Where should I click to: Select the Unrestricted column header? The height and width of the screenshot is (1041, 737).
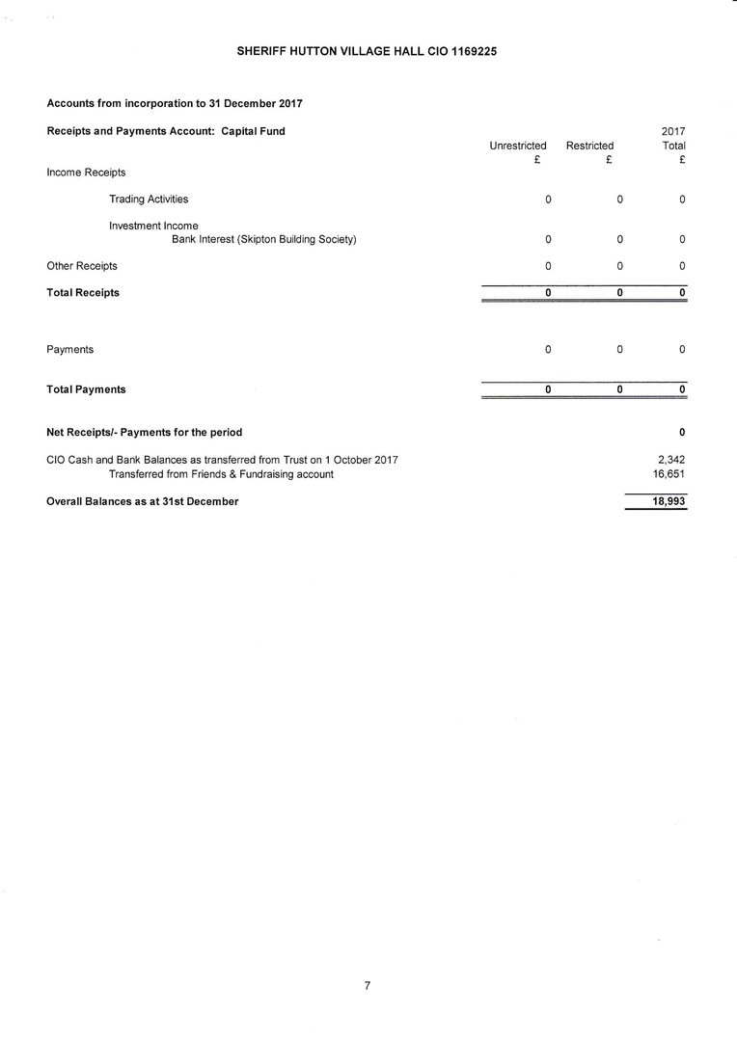pyautogui.click(x=518, y=146)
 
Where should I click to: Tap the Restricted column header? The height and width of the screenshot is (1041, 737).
pyautogui.click(x=589, y=146)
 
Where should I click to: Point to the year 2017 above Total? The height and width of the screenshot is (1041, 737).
pyautogui.click(x=672, y=131)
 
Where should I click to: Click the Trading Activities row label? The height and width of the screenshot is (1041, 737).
pyautogui.click(x=149, y=200)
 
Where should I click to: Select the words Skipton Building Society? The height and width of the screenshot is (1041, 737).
pyautogui.click(x=297, y=239)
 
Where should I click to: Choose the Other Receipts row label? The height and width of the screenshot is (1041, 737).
pyautogui.click(x=82, y=266)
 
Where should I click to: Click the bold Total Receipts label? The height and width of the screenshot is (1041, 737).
pyautogui.click(x=83, y=293)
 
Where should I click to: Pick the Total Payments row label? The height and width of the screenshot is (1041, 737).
pyautogui.click(x=86, y=389)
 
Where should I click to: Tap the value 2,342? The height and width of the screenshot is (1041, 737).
pyautogui.click(x=670, y=460)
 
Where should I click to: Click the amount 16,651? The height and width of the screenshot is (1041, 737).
pyautogui.click(x=669, y=474)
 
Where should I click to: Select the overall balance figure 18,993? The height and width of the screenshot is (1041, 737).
pyautogui.click(x=669, y=501)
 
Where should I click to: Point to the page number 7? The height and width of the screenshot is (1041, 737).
pyautogui.click(x=368, y=985)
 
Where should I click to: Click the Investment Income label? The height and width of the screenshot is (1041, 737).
pyautogui.click(x=153, y=226)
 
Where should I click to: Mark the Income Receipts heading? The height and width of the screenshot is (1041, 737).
pyautogui.click(x=86, y=173)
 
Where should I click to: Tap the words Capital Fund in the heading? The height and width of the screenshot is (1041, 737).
pyautogui.click(x=253, y=131)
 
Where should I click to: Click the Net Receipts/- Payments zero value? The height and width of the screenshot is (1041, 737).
pyautogui.click(x=682, y=432)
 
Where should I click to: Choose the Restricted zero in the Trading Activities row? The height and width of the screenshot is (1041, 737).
pyautogui.click(x=620, y=200)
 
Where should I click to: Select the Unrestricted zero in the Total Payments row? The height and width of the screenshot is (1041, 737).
pyautogui.click(x=548, y=389)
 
